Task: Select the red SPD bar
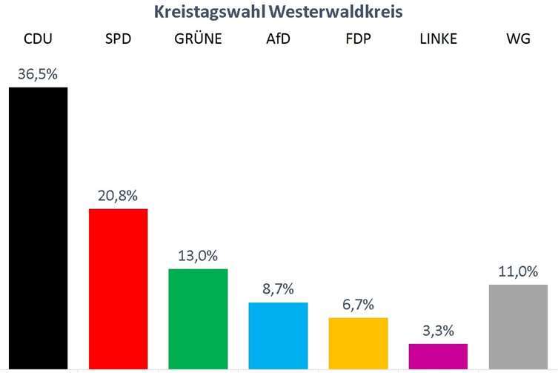point(118,288)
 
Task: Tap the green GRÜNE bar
point(198,318)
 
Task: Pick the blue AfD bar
point(278,335)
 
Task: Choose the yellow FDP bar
point(358,343)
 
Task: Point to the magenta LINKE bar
point(438,356)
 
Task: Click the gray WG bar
point(518,326)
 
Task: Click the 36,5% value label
point(38,75)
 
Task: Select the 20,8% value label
point(118,197)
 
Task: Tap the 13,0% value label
point(198,256)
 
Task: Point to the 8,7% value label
point(278,290)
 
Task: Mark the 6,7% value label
point(358,305)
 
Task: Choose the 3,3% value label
point(438,331)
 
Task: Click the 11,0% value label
point(518,271)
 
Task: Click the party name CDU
point(38,39)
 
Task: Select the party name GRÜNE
point(198,39)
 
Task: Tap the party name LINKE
point(438,39)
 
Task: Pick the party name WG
point(518,39)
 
